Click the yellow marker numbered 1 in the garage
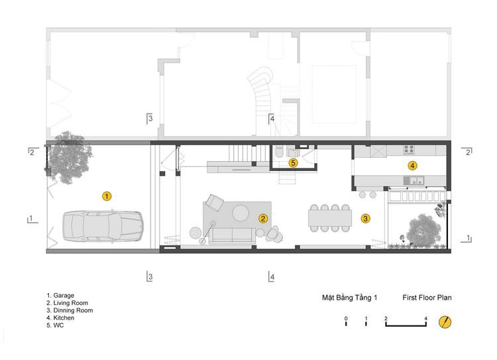tap(107, 196)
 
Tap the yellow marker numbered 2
tap(263, 218)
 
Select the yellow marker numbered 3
tap(365, 218)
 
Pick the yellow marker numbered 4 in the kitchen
tap(412, 165)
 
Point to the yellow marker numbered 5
tap(293, 163)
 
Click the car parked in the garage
tap(103, 226)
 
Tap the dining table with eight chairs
tap(330, 218)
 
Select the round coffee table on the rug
tap(241, 213)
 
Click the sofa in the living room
tap(232, 236)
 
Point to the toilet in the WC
tap(280, 152)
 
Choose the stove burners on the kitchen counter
tap(409, 149)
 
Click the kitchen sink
tap(414, 181)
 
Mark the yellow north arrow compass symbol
tap(445, 322)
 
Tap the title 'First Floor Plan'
tap(427, 298)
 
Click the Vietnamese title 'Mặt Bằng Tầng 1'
tap(350, 298)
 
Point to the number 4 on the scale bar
tap(425, 318)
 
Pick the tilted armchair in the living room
tap(215, 203)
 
